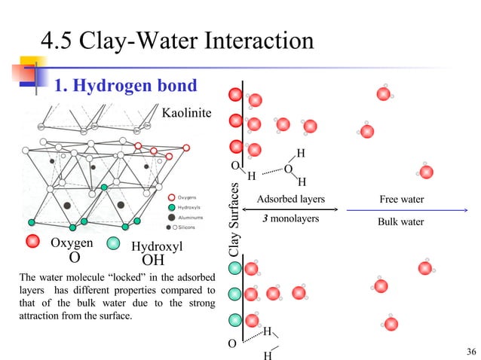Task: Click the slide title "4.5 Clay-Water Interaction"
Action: click(177, 39)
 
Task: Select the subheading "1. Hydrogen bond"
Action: click(125, 86)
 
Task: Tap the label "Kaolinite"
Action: click(188, 113)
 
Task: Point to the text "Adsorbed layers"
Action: click(290, 200)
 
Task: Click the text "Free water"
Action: click(402, 200)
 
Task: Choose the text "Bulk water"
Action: click(402, 222)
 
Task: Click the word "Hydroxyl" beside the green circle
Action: click(157, 246)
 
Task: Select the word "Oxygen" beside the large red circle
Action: click(72, 243)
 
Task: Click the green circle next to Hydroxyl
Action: click(113, 244)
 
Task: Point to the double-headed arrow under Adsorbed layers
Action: click(291, 209)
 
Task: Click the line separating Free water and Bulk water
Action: click(401, 210)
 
